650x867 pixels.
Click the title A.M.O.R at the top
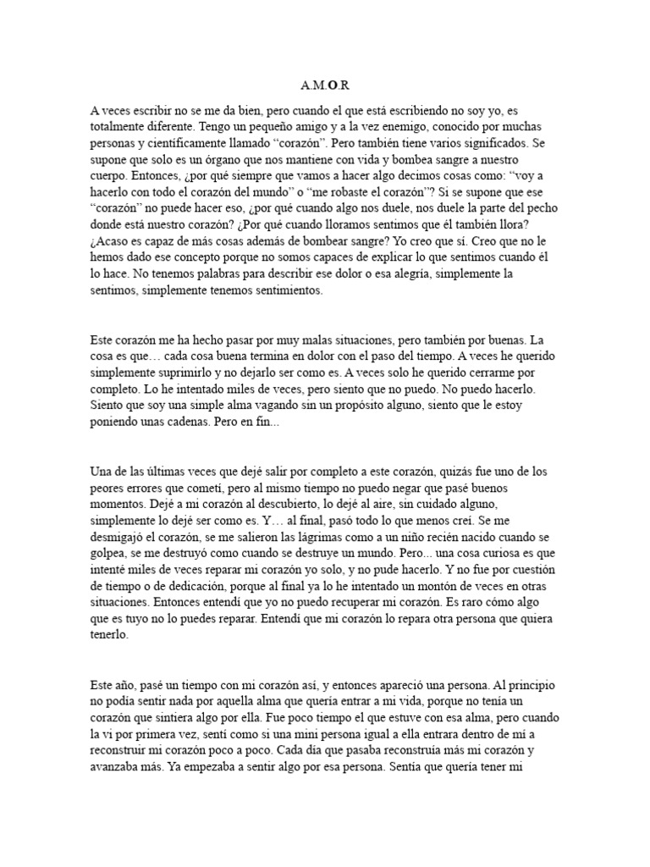pyautogui.click(x=324, y=86)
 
